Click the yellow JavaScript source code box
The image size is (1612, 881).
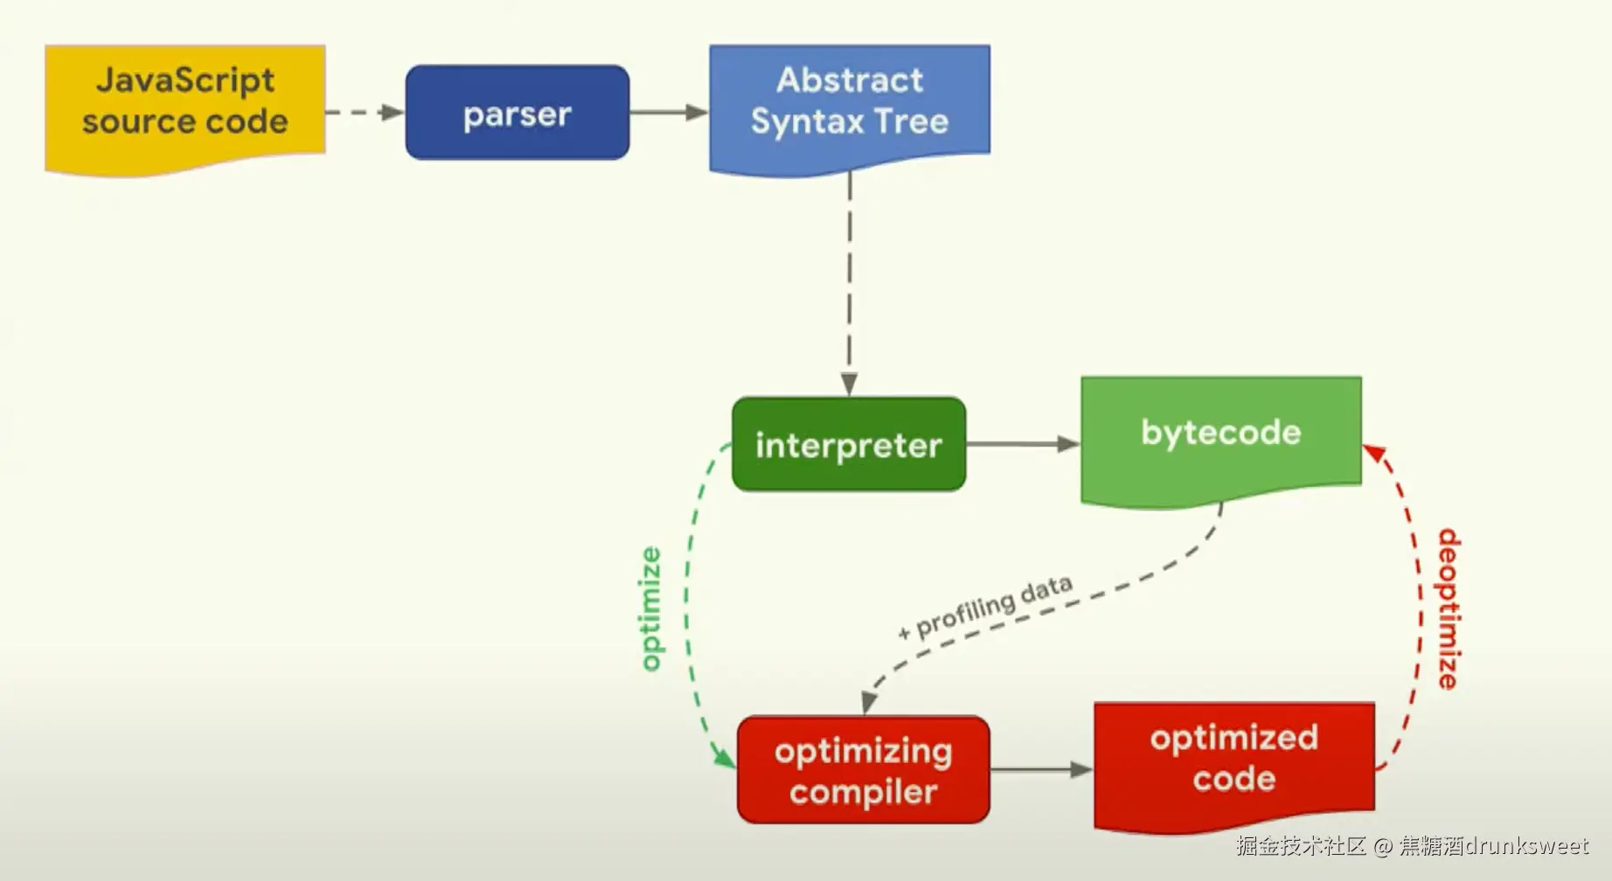185,108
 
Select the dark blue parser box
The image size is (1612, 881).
518,113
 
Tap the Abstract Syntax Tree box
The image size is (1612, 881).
850,108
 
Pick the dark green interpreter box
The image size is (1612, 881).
849,444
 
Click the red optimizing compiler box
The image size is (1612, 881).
864,770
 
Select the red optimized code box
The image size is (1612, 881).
1234,765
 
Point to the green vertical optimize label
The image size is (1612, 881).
650,609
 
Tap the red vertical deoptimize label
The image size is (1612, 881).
1449,609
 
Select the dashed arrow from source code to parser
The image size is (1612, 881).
365,112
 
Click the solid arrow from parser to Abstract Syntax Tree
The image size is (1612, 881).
669,112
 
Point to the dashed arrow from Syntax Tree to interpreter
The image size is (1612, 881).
849,284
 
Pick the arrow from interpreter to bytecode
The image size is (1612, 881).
1024,444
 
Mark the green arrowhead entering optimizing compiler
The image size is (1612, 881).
725,757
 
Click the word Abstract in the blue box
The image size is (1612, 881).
850,80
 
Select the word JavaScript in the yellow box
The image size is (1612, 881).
185,81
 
